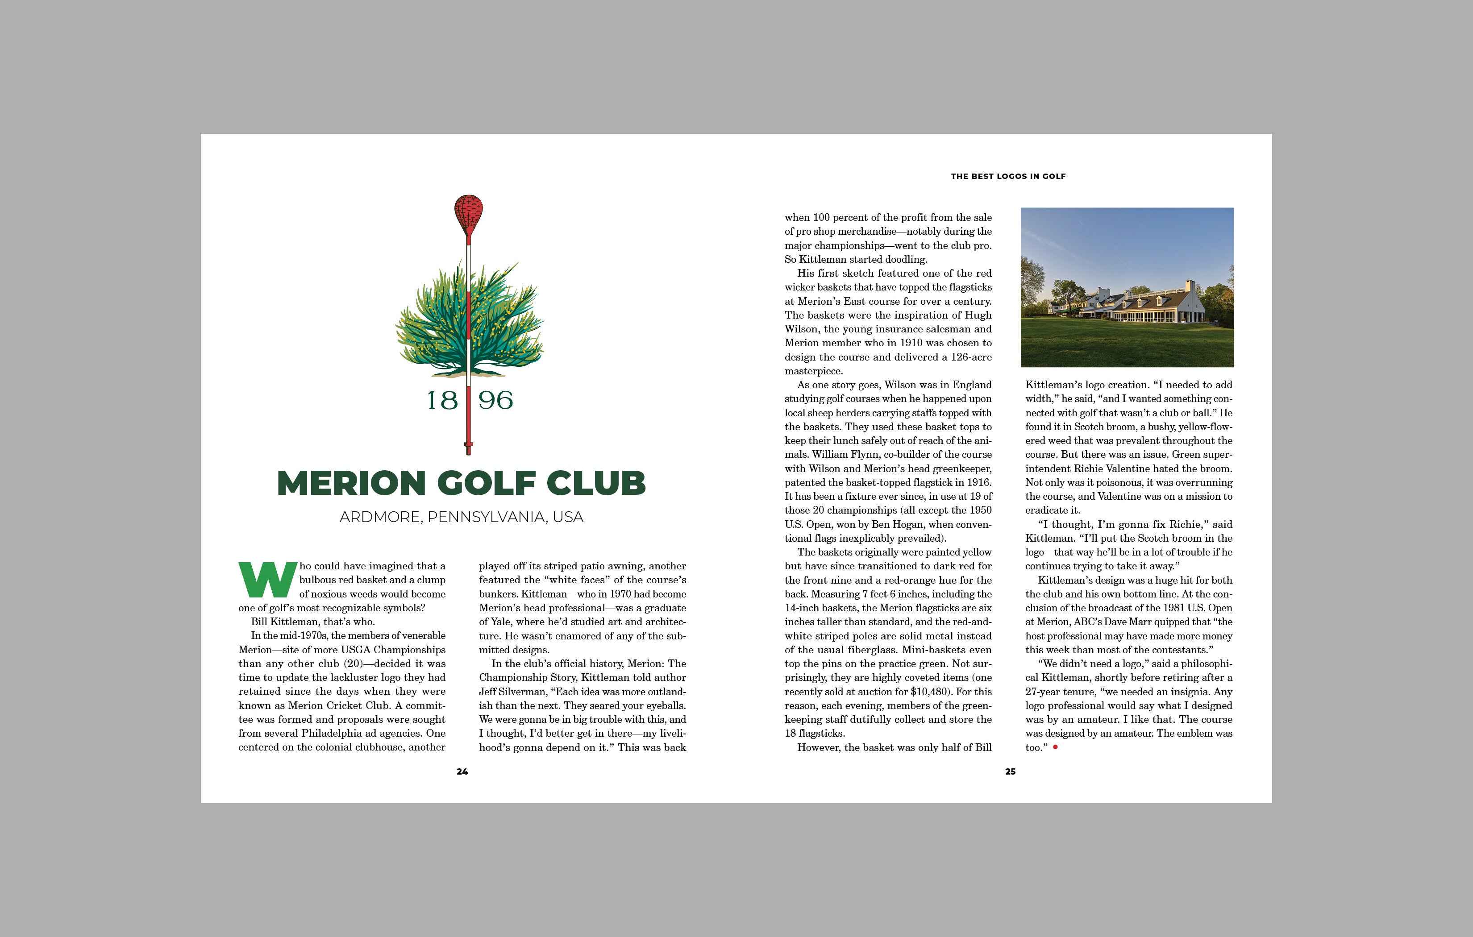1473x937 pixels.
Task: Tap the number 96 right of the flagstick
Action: [x=495, y=401]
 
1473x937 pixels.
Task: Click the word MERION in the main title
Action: [x=351, y=483]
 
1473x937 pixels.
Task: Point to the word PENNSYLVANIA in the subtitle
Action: [x=486, y=518]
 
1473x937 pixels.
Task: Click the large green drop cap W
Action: [x=267, y=579]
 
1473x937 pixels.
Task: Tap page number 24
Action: [x=462, y=772]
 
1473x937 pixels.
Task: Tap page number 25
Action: [x=1011, y=772]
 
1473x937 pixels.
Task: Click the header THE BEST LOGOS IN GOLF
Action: [x=1008, y=176]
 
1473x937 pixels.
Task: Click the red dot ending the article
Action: [x=1055, y=747]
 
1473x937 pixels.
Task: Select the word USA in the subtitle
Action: [x=568, y=518]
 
